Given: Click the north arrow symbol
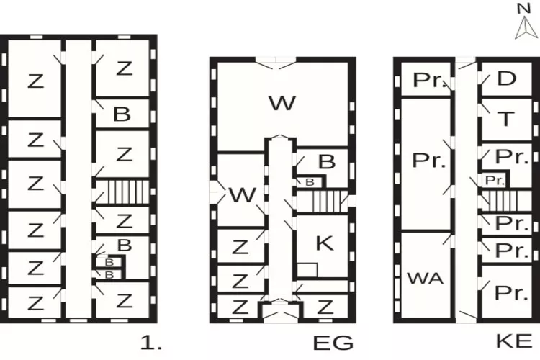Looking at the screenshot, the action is tap(526, 27).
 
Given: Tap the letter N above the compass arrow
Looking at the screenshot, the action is tap(524, 8).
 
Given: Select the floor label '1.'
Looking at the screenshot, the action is tap(151, 343).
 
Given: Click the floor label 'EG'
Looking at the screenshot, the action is tap(333, 343).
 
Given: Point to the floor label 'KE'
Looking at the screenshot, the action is tap(514, 341).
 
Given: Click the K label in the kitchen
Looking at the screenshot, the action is tap(324, 243).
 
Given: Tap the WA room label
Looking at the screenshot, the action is tap(425, 278).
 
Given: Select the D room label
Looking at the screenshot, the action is tap(507, 78).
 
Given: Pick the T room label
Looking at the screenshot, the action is tap(506, 120).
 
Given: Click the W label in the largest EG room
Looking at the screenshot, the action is tap(282, 103).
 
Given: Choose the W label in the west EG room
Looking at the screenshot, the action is tap(243, 195).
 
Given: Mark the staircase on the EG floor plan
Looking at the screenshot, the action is tap(327, 202).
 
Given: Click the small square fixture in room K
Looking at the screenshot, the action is tap(307, 270).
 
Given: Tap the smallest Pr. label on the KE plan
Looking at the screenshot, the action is tap(495, 181).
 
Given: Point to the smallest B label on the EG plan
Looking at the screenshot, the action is tap(310, 182).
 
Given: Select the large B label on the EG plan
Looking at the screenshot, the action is tap(326, 161).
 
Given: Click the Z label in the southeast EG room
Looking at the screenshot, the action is tap(325, 307).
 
